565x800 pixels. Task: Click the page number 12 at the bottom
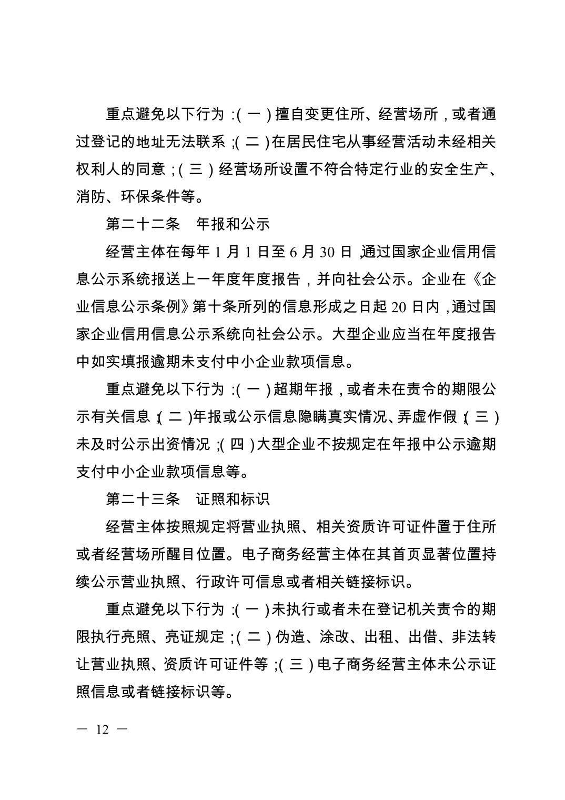[x=102, y=730]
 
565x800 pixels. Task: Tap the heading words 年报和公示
[x=233, y=224]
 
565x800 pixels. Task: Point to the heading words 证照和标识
[x=233, y=499]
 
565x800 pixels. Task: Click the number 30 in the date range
[x=327, y=252]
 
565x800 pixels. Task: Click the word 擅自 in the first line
[x=290, y=114]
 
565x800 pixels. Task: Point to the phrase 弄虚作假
[x=427, y=417]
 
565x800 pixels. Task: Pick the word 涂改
[x=334, y=637]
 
